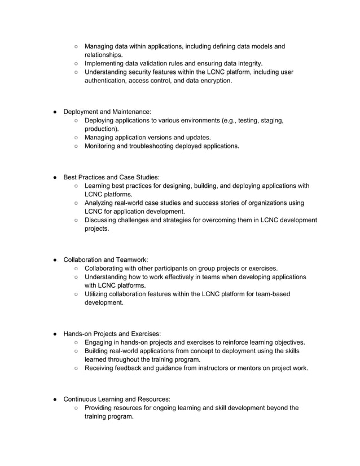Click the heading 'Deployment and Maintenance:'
click(x=107, y=112)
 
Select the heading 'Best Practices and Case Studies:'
click(x=111, y=177)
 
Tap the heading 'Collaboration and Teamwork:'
click(x=106, y=260)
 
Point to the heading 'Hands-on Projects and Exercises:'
click(x=112, y=334)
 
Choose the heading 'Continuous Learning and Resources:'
click(x=117, y=399)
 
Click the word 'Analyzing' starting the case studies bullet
click(x=102, y=203)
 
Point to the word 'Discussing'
click(x=103, y=220)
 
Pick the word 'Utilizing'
click(x=99, y=294)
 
